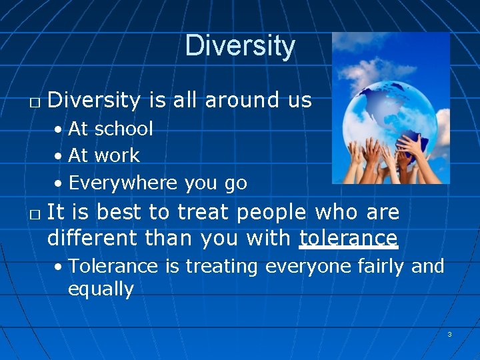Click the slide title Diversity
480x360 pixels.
coord(239,45)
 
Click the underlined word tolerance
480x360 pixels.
coord(348,237)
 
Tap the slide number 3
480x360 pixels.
coord(449,335)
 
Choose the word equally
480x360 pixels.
coord(101,289)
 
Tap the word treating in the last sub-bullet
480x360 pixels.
coord(221,266)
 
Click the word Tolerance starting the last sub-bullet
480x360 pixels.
coord(113,266)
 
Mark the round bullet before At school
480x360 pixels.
coord(59,129)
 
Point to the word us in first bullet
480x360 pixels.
coord(299,100)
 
